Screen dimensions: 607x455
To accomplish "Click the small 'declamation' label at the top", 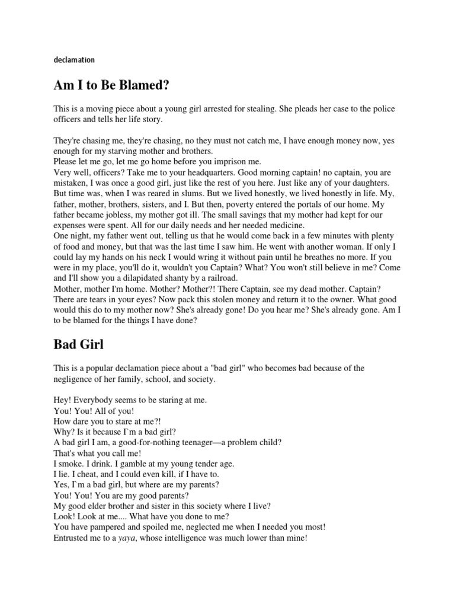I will [x=73, y=60].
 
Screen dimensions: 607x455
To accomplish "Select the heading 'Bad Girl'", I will [x=78, y=343].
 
